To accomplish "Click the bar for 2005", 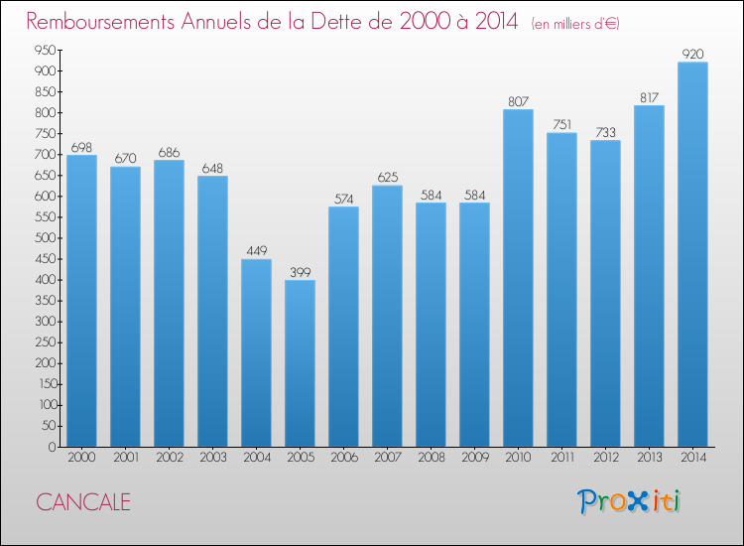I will pos(300,363).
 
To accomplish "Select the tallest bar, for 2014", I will pos(692,254).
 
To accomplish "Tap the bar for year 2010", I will pos(518,278).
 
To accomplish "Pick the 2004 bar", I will pos(256,352).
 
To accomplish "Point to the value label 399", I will pos(300,273).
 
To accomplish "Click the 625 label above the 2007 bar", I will pos(387,178).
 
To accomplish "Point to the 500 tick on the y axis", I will pos(43,238).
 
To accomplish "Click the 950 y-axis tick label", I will pos(43,51).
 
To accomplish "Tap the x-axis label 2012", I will pos(605,459).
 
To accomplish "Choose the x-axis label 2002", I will pos(169,459).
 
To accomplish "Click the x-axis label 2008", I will pos(431,459).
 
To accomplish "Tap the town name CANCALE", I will pos(83,502).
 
